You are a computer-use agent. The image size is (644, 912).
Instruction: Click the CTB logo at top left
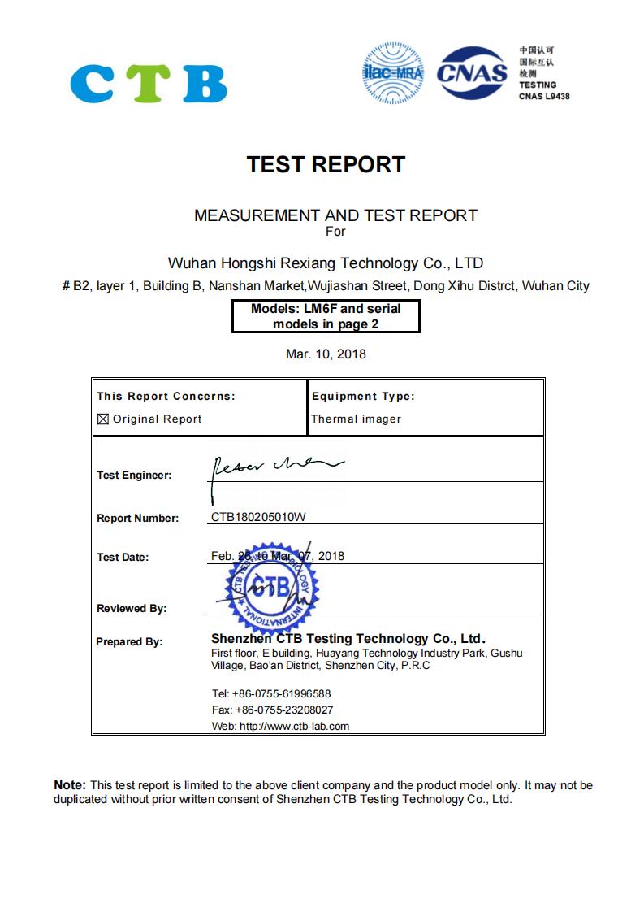point(149,82)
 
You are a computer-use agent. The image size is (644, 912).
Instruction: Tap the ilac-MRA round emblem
point(394,74)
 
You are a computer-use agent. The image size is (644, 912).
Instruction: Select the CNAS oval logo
point(472,74)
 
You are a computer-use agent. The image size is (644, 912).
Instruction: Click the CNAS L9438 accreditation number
point(544,96)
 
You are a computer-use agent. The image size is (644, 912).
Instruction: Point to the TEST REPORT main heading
point(326,164)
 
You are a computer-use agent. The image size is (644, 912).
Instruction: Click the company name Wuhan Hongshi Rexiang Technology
point(325,263)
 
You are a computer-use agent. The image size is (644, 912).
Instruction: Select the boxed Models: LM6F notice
point(326,316)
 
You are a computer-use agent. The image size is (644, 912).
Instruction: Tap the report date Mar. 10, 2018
point(326,354)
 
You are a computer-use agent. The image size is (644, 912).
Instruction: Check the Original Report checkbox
point(103,419)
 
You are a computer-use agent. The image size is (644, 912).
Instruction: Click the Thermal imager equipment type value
point(357,419)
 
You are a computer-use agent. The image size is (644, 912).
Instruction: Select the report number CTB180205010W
point(258,518)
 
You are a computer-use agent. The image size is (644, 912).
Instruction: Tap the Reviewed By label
point(132,608)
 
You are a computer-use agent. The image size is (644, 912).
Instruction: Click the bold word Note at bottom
point(69,785)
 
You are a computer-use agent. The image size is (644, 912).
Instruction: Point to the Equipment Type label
point(363,397)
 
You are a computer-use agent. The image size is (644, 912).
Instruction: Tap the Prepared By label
point(129,641)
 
